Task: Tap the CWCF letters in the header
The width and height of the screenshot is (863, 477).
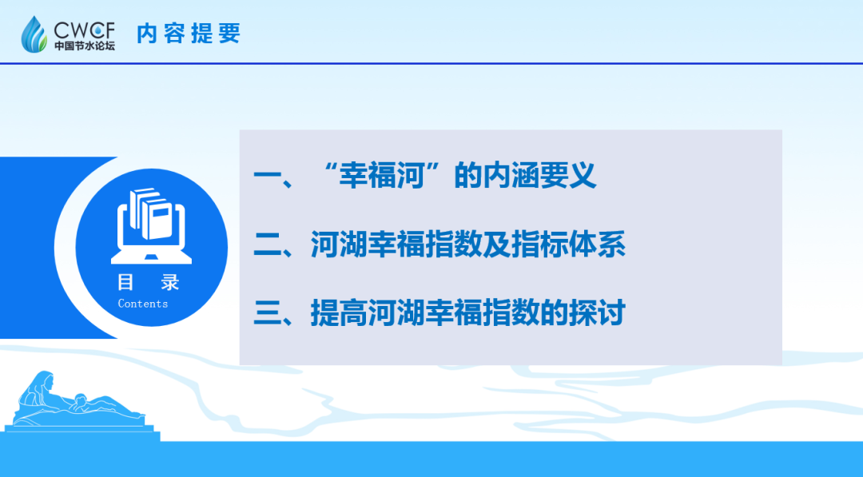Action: click(x=85, y=29)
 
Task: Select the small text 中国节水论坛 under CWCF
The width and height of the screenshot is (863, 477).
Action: click(x=85, y=46)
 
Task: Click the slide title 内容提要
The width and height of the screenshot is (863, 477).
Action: click(x=189, y=34)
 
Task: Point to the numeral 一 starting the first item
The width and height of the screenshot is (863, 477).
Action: click(x=265, y=176)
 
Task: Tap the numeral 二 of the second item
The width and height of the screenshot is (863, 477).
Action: click(x=265, y=245)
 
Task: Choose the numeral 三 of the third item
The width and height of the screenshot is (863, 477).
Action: click(x=265, y=313)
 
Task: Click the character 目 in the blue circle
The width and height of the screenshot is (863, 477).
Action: click(x=125, y=282)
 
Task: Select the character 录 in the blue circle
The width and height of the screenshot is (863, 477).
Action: click(x=169, y=282)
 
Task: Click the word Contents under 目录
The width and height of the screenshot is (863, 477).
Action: click(x=143, y=304)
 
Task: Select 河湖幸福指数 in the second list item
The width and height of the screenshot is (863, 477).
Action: click(x=396, y=245)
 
